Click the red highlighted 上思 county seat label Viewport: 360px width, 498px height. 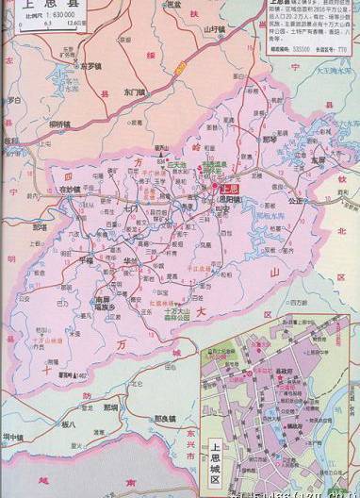pos(216,188)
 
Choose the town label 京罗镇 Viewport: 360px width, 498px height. pos(90,66)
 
